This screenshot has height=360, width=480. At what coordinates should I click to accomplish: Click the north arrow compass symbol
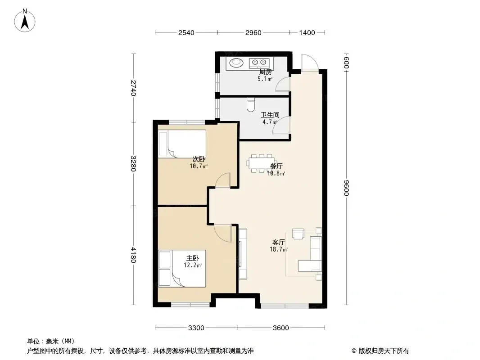[x=25, y=21]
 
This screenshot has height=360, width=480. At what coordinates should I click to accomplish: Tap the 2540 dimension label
[x=186, y=33]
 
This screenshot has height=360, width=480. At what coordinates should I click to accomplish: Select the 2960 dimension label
[x=254, y=33]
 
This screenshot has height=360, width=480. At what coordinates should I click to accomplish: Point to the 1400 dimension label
[x=307, y=33]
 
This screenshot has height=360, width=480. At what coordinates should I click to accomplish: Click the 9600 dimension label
[x=346, y=188]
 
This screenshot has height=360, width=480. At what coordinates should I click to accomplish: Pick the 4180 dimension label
[x=133, y=255]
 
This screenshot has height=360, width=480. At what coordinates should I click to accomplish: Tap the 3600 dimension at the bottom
[x=281, y=328]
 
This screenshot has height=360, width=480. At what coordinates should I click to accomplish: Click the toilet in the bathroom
[x=251, y=104]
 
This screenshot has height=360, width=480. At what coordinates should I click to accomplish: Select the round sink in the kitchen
[x=236, y=63]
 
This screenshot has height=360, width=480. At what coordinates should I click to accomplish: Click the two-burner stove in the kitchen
[x=259, y=63]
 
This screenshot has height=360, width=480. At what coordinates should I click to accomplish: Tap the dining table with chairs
[x=262, y=163]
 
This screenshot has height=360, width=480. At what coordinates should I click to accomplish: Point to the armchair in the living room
[x=298, y=234]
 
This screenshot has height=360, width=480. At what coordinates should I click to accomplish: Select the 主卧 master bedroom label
[x=193, y=258]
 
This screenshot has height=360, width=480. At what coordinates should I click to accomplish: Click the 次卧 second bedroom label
[x=199, y=159]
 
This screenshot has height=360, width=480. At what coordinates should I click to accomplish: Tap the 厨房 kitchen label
[x=265, y=72]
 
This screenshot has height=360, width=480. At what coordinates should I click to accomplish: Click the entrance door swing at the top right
[x=309, y=63]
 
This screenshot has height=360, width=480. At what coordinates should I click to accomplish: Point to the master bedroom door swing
[x=222, y=233]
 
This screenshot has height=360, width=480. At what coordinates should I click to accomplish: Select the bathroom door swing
[x=281, y=126]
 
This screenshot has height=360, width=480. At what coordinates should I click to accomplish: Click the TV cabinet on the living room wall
[x=243, y=253]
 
